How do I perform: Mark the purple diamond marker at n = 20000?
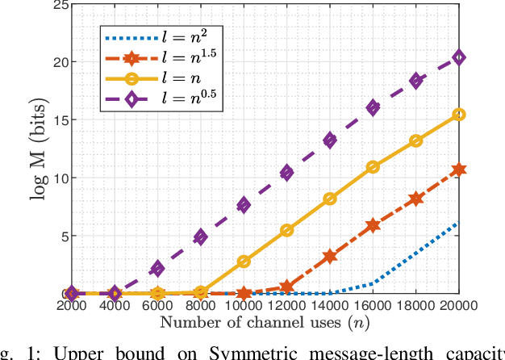(459, 57)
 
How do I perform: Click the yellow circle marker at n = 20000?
(459, 115)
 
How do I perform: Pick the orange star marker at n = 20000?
(459, 170)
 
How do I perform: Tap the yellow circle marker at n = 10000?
(244, 262)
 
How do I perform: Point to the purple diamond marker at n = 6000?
(157, 269)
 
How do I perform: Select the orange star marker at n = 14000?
(330, 257)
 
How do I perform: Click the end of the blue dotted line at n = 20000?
(459, 223)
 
